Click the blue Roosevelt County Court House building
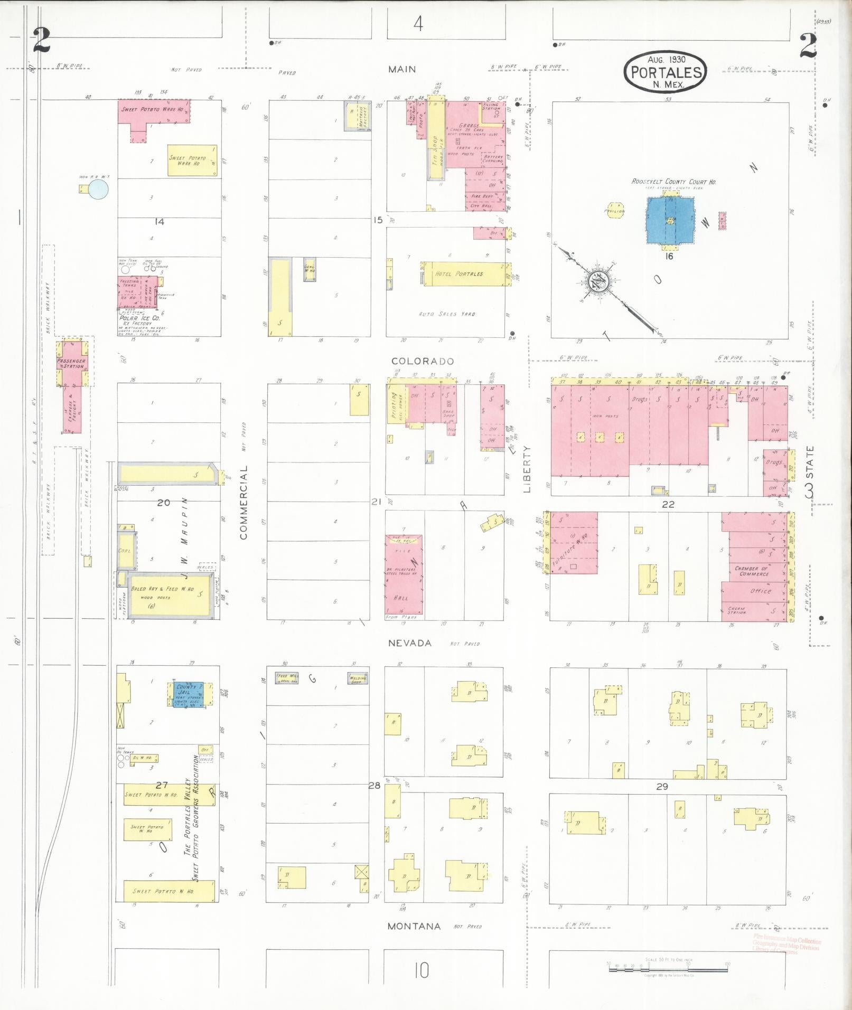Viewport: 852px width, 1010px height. tap(669, 220)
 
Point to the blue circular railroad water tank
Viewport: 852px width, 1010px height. tap(98, 190)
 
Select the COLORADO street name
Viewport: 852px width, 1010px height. tap(423, 361)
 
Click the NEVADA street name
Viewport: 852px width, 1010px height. tap(410, 643)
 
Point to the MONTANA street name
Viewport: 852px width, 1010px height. tap(414, 926)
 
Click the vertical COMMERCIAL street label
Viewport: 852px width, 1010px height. tap(244, 503)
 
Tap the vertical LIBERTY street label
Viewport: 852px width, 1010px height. tap(527, 469)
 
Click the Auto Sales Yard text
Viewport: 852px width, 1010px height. tap(446, 314)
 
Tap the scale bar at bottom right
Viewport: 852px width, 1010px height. tap(668, 966)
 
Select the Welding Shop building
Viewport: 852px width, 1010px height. tap(358, 678)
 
